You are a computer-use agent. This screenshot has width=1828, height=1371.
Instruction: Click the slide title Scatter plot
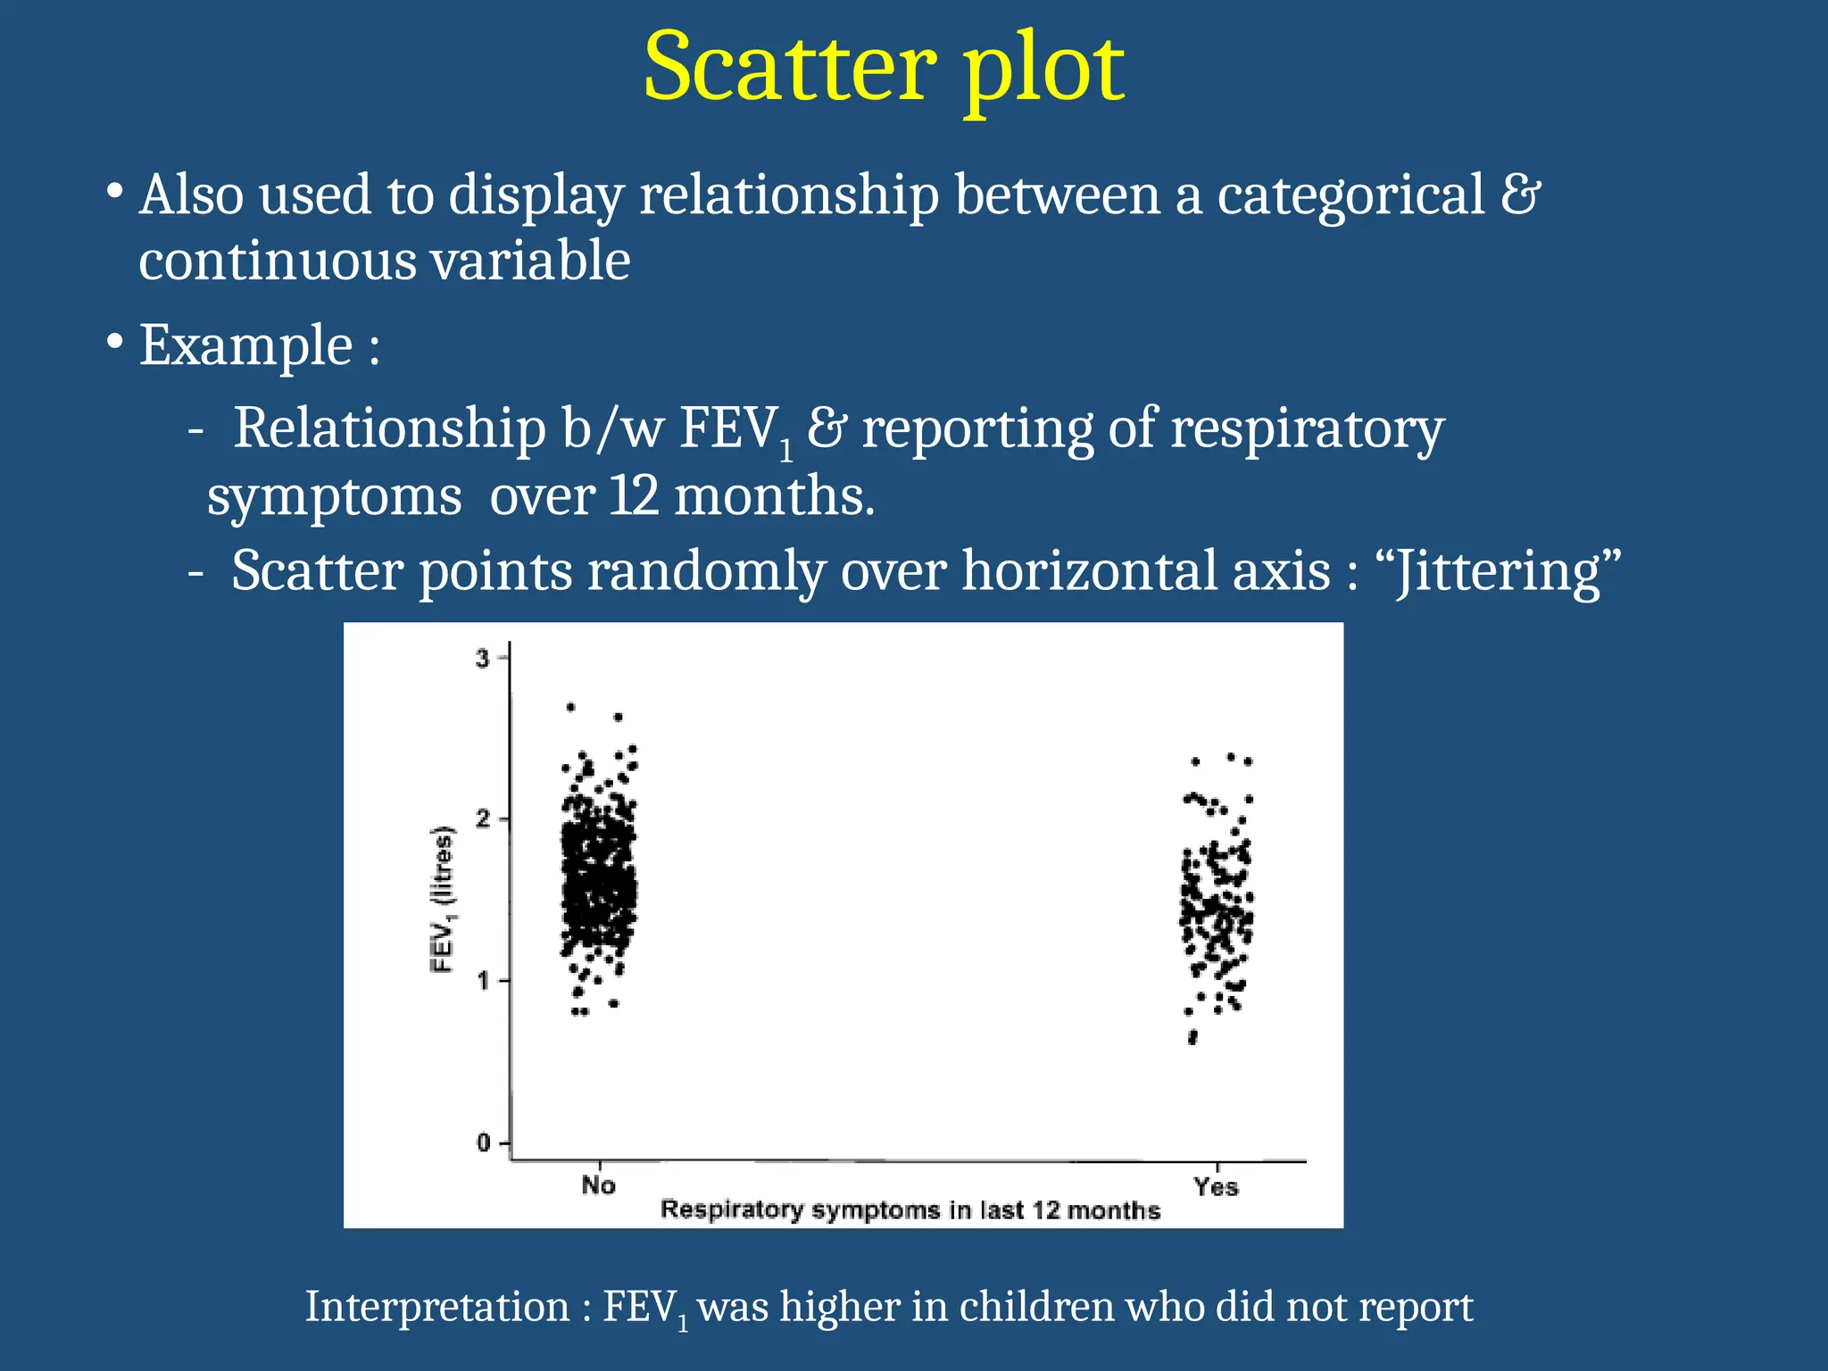pyautogui.click(x=884, y=70)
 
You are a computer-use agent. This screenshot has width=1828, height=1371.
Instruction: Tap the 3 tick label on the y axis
pyautogui.click(x=483, y=660)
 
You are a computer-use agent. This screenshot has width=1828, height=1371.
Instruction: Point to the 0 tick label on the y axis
pyautogui.click(x=483, y=1143)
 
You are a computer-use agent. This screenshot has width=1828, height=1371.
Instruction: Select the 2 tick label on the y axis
pyautogui.click(x=483, y=819)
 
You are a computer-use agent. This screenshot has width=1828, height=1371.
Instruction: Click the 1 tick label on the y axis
pyautogui.click(x=483, y=981)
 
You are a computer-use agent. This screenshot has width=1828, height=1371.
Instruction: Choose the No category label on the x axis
pyautogui.click(x=598, y=1185)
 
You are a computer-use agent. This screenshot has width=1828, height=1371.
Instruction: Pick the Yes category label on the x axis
pyautogui.click(x=1216, y=1187)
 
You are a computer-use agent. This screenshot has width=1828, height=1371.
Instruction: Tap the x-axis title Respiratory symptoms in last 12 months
pyautogui.click(x=910, y=1210)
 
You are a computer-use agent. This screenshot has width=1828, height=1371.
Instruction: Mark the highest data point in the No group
pyautogui.click(x=571, y=707)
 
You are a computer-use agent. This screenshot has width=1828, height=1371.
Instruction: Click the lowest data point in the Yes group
pyautogui.click(x=1192, y=1040)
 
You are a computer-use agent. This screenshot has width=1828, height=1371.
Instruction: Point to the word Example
pyautogui.click(x=246, y=345)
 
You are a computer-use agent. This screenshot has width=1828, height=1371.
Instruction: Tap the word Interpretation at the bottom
pyautogui.click(x=437, y=1307)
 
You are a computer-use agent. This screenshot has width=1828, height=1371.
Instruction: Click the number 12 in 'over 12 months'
pyautogui.click(x=633, y=496)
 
